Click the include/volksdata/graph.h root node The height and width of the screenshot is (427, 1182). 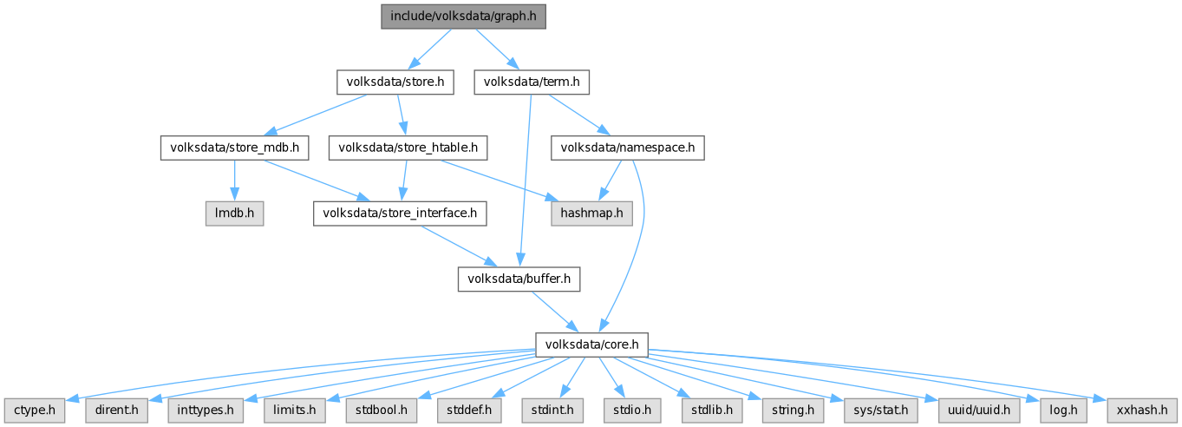click(x=463, y=16)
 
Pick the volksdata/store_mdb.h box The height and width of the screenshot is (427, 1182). click(x=234, y=148)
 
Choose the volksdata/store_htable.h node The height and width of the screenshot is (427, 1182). click(x=408, y=148)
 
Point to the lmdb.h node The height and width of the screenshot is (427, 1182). click(x=233, y=213)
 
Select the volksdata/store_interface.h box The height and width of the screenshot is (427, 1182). click(x=399, y=213)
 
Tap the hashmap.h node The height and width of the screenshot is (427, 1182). click(x=591, y=213)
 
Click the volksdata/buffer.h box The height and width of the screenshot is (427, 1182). click(x=519, y=279)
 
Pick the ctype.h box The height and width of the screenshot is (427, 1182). click(x=35, y=409)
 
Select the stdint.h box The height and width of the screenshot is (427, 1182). click(x=552, y=409)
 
